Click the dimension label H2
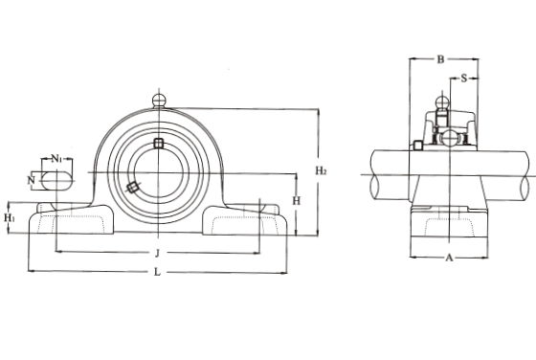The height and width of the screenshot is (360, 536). point(321,170)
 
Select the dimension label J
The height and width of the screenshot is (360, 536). point(157,253)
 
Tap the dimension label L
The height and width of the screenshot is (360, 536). point(157,273)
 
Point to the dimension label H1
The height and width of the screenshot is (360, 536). point(11,218)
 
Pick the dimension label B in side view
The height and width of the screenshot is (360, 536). point(439,60)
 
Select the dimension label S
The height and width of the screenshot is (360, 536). point(463,79)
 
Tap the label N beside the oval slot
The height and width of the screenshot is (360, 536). point(31,179)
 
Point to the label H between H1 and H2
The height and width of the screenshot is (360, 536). point(297,201)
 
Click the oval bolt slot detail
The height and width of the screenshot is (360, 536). point(56,179)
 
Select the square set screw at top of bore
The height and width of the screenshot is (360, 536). point(159,144)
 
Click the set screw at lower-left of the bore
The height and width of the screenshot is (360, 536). point(132,187)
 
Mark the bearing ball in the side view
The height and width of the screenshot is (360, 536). point(447,136)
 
